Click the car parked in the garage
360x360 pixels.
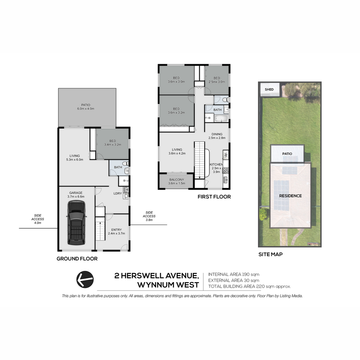pyautogui.click(x=76, y=223)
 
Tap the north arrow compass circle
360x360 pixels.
pyautogui.click(x=85, y=279)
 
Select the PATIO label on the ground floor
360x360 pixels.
pyautogui.click(x=86, y=105)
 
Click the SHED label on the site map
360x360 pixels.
pyautogui.click(x=269, y=89)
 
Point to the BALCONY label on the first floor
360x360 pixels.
pyautogui.click(x=176, y=179)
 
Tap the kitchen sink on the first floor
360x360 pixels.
pyautogui.click(x=225, y=180)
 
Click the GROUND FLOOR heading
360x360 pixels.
pyautogui.click(x=77, y=259)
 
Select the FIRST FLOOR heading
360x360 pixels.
pyautogui.click(x=214, y=197)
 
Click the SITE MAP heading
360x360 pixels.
pyautogui.click(x=271, y=254)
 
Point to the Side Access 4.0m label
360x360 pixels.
pyautogui.click(x=37, y=219)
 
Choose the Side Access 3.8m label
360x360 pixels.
pyautogui.click(x=149, y=216)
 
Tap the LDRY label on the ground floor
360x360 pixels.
pyautogui.click(x=118, y=193)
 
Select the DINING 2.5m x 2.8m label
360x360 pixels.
pyautogui.click(x=217, y=136)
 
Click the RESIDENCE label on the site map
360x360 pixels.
pyautogui.click(x=290, y=196)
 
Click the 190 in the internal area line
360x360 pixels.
pyautogui.click(x=246, y=274)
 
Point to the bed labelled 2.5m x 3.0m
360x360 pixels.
pyautogui.click(x=217, y=80)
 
